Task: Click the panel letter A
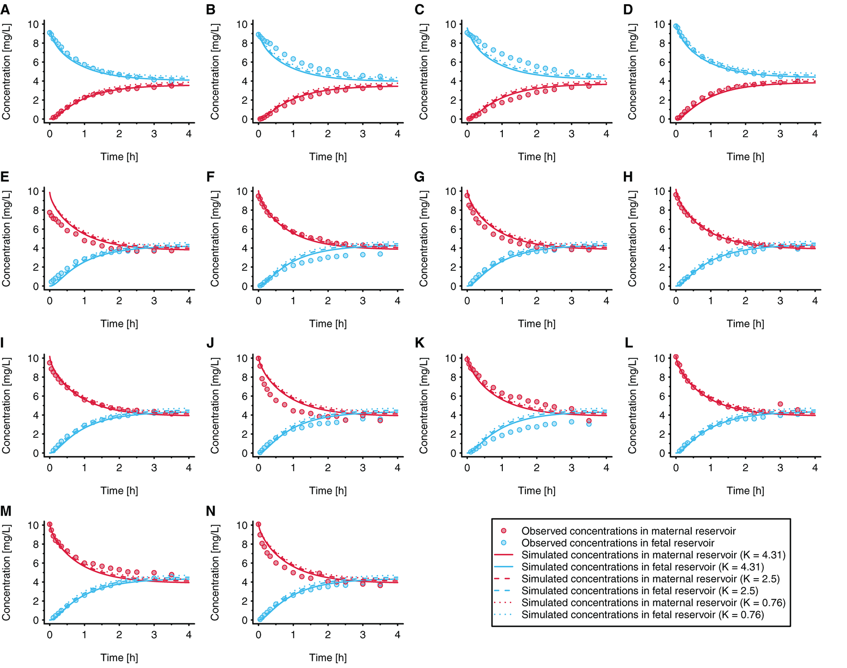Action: [5, 10]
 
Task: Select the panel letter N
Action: [211, 511]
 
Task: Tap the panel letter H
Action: [628, 177]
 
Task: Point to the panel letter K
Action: [420, 343]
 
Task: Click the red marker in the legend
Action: [503, 531]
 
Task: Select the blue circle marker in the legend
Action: [503, 543]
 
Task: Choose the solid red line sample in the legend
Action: [503, 555]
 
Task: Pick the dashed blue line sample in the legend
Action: [503, 591]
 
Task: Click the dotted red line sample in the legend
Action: [503, 603]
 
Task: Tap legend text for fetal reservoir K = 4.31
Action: [642, 567]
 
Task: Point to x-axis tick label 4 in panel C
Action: [606, 134]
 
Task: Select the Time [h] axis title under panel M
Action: [119, 657]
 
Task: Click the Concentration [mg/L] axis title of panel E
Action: [6, 238]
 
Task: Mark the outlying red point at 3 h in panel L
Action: [780, 404]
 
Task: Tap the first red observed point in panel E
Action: [50, 213]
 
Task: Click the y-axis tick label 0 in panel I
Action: [36, 453]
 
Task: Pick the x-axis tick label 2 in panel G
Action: [536, 301]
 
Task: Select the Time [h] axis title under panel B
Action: [328, 157]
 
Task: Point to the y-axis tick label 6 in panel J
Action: [244, 396]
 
